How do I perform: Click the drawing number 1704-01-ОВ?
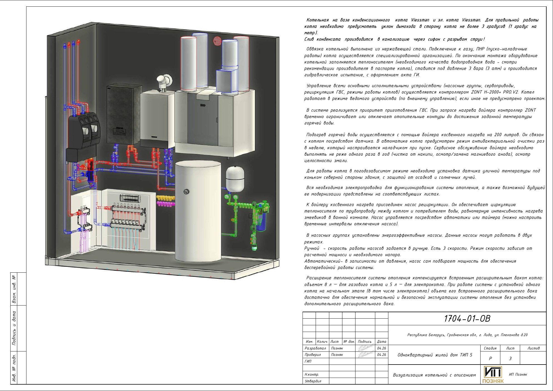click(x=467, y=318)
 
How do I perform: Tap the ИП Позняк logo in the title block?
click(x=493, y=374)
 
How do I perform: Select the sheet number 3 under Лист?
click(x=510, y=358)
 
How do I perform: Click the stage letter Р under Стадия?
click(x=490, y=358)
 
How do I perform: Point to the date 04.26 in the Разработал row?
click(x=381, y=348)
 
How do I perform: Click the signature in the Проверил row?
click(x=365, y=355)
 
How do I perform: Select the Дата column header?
click(x=381, y=341)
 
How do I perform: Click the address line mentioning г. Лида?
click(x=467, y=335)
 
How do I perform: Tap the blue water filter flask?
click(x=261, y=222)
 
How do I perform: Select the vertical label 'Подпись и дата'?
click(x=14, y=328)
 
